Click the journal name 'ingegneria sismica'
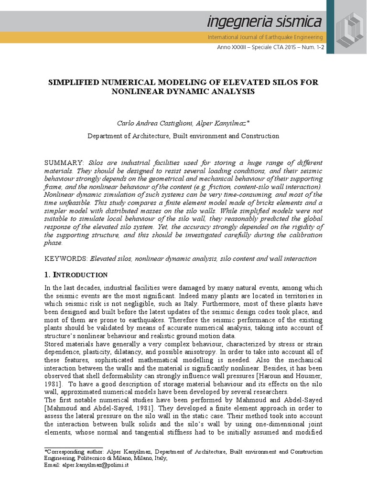pyautogui.click(x=264, y=21)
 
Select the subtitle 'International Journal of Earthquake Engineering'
pyautogui.click(x=265, y=37)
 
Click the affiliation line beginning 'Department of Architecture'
pyautogui.click(x=183, y=136)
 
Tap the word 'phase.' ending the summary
pyautogui.click(x=53, y=243)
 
